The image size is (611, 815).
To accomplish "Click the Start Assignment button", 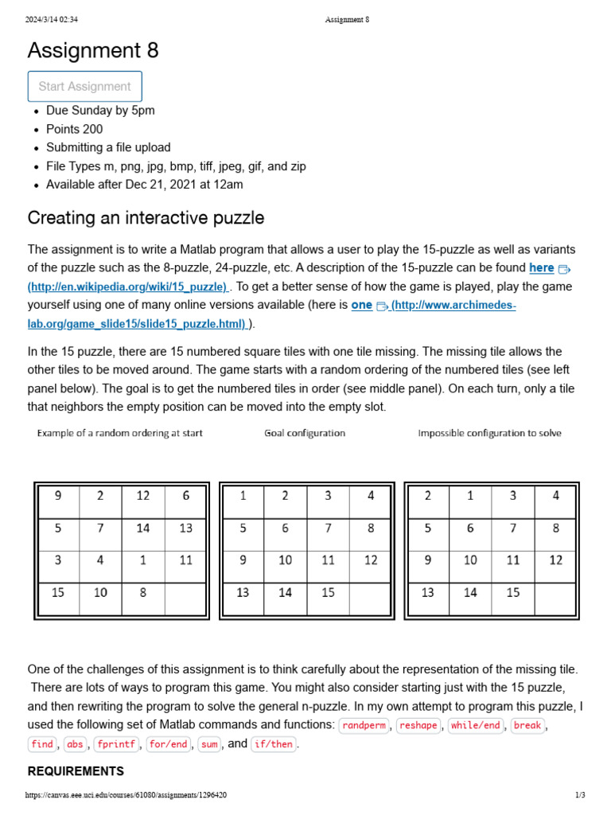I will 84,86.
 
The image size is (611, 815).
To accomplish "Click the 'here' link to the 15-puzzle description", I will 541,268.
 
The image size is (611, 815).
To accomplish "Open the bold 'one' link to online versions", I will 362,305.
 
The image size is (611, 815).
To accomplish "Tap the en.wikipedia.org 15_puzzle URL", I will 128,287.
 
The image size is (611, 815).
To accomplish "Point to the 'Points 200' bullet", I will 74,129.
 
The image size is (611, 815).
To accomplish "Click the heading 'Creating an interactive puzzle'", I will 146,217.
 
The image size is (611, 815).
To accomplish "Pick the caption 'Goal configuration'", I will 305,433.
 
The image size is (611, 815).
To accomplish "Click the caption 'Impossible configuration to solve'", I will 489,433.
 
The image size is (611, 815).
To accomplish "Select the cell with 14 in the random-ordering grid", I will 143,528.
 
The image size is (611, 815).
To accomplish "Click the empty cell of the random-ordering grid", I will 186,593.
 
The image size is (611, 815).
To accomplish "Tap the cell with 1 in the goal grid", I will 243,496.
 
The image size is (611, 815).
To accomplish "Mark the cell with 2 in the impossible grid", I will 428,496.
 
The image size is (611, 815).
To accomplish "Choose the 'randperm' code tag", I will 364,725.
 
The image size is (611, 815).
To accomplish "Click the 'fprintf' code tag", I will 116,744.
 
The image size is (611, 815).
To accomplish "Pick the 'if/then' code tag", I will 273,744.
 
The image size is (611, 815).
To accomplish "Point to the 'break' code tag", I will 527,725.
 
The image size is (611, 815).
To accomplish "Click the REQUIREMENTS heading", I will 76,771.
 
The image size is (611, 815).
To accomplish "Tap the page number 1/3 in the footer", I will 580,795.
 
